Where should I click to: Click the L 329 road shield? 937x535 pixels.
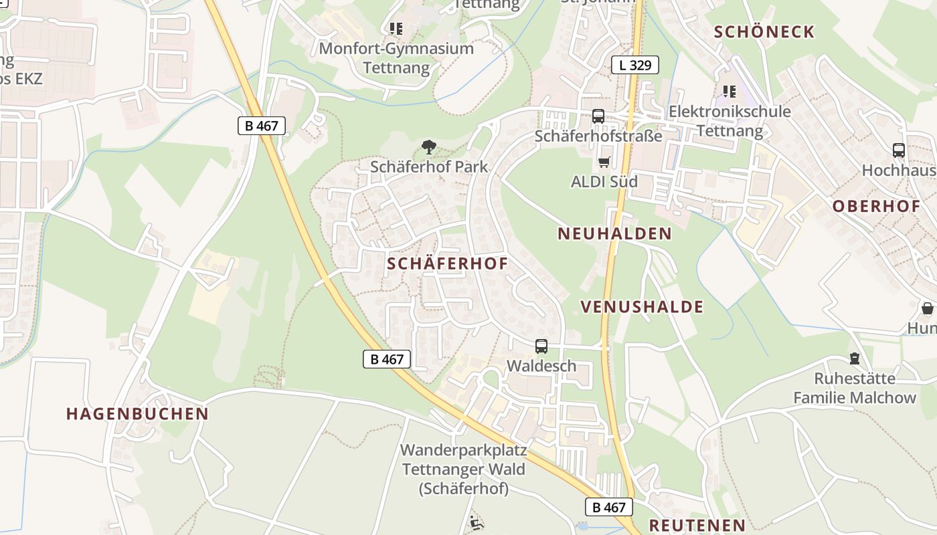click(x=634, y=65)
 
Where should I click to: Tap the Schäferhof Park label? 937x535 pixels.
click(x=429, y=167)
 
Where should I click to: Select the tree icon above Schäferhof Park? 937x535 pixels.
click(x=428, y=146)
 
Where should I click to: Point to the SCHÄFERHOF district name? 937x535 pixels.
click(x=447, y=264)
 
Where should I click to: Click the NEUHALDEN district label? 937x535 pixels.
click(x=614, y=233)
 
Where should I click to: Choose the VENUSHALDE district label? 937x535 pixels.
click(x=642, y=307)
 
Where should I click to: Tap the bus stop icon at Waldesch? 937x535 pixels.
click(x=541, y=346)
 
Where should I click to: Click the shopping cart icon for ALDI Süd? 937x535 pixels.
click(x=604, y=162)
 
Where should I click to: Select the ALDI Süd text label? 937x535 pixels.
click(x=604, y=181)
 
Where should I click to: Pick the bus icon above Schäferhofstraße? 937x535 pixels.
click(x=598, y=116)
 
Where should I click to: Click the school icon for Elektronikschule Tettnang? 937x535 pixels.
click(x=729, y=92)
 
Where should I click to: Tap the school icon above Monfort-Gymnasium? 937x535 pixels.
click(x=396, y=29)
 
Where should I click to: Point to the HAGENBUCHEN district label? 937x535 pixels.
click(x=137, y=414)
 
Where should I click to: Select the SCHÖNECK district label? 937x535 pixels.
click(x=764, y=32)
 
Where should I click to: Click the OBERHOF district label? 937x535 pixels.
click(x=876, y=206)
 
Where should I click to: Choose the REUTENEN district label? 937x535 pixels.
click(x=697, y=525)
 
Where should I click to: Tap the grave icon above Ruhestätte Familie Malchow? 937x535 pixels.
click(x=854, y=359)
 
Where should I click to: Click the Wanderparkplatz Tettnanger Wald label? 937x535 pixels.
click(x=463, y=469)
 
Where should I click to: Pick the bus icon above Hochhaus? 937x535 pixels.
click(x=898, y=150)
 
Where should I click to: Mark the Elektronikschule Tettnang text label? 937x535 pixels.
click(x=730, y=120)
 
